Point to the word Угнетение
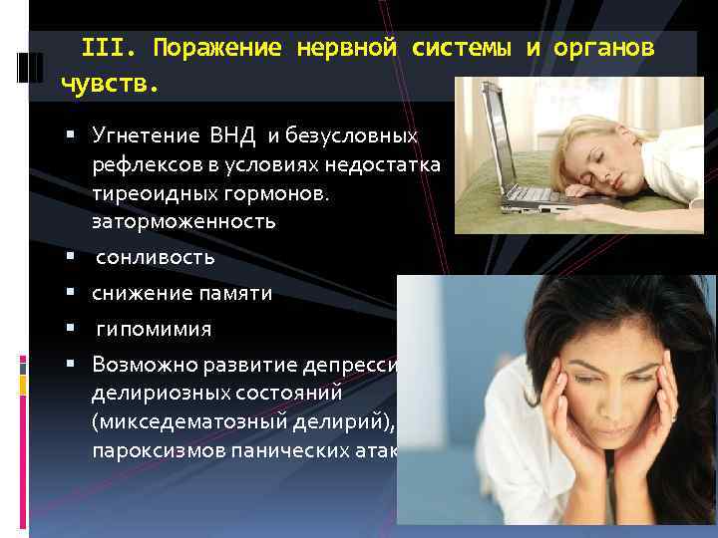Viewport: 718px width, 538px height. [x=147, y=134]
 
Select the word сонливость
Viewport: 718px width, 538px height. [x=155, y=258]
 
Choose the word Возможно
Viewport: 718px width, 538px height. [x=140, y=365]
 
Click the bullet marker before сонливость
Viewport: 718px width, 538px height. [x=74, y=258]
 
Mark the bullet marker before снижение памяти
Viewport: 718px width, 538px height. [x=74, y=294]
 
